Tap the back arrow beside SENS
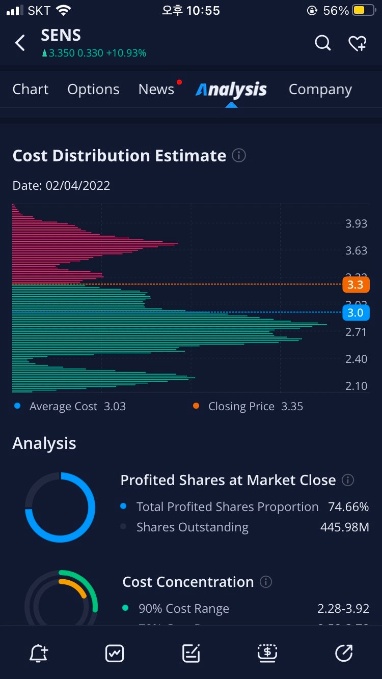20,43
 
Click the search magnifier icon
323,43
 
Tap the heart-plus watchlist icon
358,44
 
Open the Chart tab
31,90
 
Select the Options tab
93,90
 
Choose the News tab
156,90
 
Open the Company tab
320,90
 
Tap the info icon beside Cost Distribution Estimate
239,155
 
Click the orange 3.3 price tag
356,285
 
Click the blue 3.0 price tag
356,312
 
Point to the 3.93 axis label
356,224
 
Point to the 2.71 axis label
356,332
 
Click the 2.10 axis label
356,386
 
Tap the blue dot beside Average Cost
18,406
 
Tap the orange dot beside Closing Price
196,406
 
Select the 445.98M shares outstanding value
344,527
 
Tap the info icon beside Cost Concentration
266,582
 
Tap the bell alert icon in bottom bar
39,653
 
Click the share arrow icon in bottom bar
344,653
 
